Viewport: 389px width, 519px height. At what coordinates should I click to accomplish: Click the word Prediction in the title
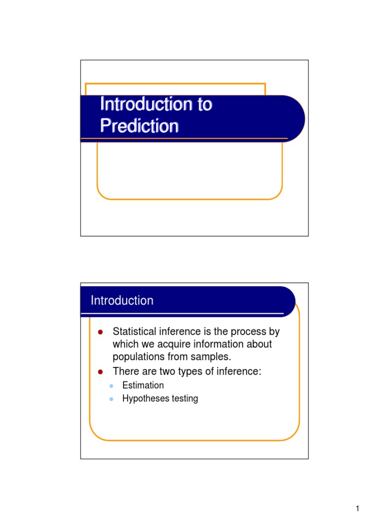[x=139, y=125]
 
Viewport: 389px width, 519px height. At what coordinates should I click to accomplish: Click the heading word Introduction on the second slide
[x=122, y=301]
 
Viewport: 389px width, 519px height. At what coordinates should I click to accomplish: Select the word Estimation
[x=143, y=385]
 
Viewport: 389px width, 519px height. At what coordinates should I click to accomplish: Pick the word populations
[x=136, y=357]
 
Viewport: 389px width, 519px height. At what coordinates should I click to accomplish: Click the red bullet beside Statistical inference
[x=100, y=332]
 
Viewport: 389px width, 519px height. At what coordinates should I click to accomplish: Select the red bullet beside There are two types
[x=100, y=372]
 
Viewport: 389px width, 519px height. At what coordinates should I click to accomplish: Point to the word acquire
[x=172, y=345]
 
